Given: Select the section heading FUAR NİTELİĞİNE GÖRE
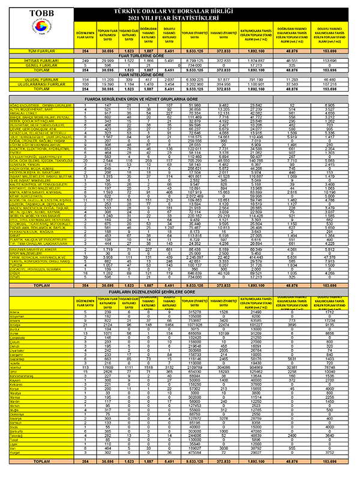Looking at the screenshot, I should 191,74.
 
